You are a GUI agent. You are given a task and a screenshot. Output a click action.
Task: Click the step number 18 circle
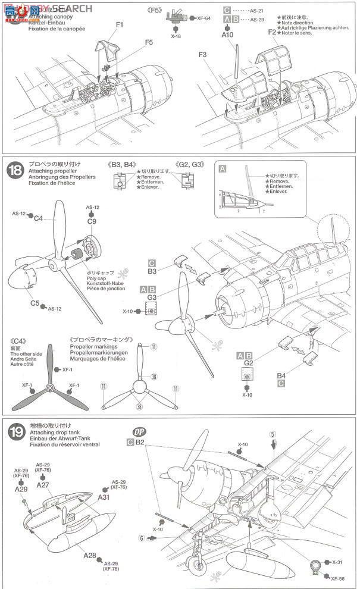pos(14,170)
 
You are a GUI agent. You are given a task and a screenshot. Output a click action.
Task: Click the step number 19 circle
pos(14,434)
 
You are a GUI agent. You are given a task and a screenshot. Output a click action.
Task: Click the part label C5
pos(36,303)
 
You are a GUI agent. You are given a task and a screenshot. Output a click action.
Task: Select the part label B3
pos(152,271)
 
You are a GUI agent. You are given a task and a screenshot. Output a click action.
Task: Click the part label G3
pos(152,297)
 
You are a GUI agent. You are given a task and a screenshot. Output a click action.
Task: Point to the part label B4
pos(281,376)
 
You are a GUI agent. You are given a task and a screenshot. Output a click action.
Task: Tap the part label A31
pos(104,497)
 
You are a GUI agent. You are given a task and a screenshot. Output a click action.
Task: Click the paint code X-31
pos(338,562)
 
